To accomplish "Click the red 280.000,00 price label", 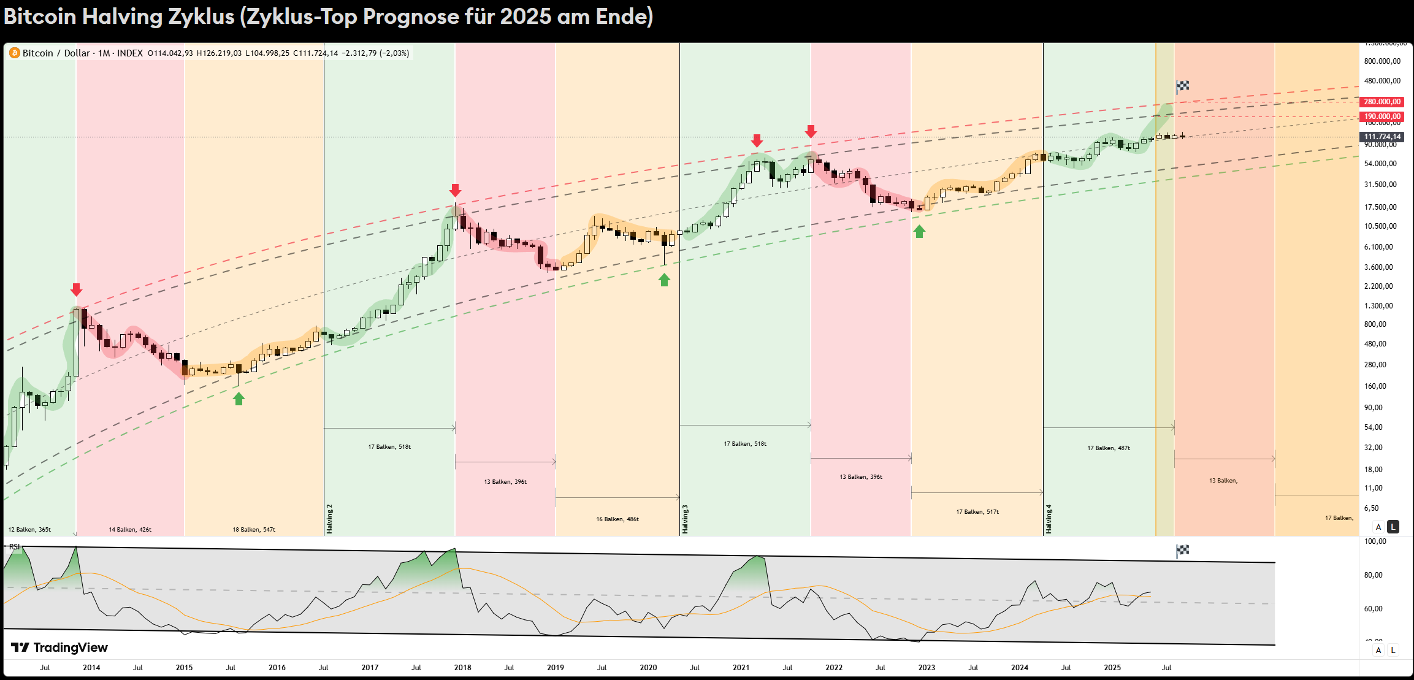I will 1382,102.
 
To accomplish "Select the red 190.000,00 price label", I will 1382,117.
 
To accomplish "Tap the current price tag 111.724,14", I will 1382,137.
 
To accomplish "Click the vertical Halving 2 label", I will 330,519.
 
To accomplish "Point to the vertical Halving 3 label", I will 686,519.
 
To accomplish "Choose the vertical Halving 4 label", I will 1049,519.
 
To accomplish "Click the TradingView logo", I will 59,648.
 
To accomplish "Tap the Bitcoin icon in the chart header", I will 15,53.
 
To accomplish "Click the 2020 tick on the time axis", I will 648,668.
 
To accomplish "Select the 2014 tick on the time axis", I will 91,668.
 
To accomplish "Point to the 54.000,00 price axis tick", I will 1381,164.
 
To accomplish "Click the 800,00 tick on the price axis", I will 1375,324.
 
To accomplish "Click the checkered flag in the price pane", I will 1183,86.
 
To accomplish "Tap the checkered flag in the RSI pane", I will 1183,550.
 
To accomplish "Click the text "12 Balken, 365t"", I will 29,530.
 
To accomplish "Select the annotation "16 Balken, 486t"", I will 617,519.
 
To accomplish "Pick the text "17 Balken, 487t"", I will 1109,448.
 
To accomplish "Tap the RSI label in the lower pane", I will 14,546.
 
